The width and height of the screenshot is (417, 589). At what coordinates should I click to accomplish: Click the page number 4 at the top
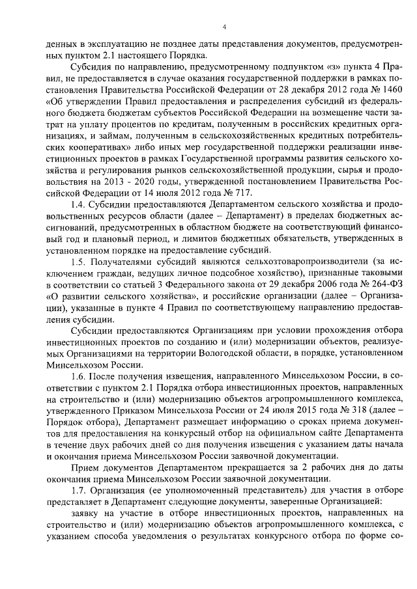(223, 27)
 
